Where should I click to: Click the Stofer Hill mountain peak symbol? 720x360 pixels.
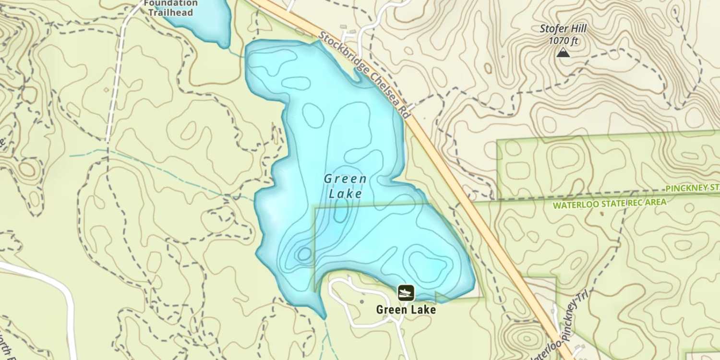point(563,52)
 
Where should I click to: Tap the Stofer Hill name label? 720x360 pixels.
point(563,28)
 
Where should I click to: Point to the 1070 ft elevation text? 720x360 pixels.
point(563,41)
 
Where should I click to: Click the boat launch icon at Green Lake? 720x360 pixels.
point(406,292)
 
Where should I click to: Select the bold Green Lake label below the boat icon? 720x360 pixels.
point(406,310)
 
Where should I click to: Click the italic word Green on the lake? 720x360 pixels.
point(346,179)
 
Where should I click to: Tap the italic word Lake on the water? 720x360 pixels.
point(346,194)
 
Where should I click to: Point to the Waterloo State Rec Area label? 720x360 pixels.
point(610,204)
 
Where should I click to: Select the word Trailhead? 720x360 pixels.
point(170,12)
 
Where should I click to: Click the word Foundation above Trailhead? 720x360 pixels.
point(170,3)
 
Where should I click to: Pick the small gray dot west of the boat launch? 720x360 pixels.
point(362,301)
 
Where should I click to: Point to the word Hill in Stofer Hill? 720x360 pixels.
point(577,28)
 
